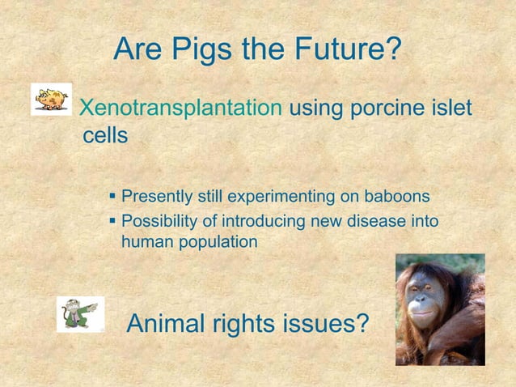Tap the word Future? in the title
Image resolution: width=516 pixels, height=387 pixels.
344,50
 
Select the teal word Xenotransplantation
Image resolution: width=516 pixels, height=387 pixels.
182,108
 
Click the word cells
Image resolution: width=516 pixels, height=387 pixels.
105,135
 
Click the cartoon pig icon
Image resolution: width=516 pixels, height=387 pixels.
51,99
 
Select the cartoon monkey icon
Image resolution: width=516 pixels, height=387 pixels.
80,313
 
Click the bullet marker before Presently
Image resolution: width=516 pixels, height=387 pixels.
112,196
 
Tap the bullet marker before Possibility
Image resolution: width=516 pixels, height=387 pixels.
112,219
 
